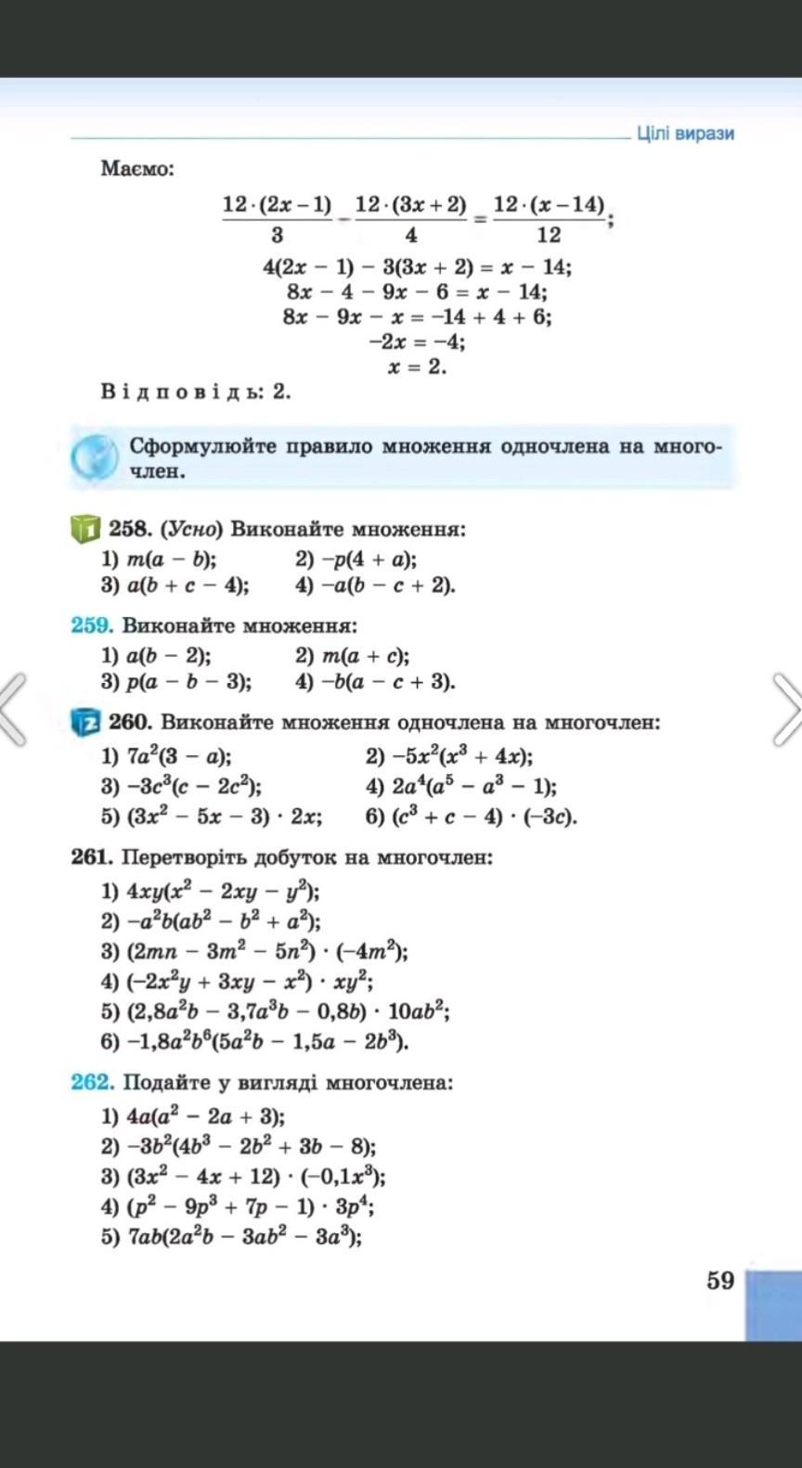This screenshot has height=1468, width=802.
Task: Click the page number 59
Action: pos(719,1281)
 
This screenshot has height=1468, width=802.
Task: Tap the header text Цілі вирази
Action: pos(685,134)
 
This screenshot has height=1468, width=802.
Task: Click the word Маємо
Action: pos(137,170)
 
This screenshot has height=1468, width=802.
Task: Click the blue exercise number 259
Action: pos(92,625)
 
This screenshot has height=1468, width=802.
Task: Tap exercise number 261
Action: pos(92,856)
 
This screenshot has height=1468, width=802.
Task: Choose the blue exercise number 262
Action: pos(92,1082)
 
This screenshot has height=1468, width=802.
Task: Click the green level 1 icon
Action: pos(84,530)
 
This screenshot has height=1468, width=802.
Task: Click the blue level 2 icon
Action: pos(84,721)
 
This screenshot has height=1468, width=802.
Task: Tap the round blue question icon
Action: pos(95,457)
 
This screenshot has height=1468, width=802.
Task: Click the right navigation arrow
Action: pos(787,710)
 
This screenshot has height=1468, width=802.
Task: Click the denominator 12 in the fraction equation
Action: pos(549,235)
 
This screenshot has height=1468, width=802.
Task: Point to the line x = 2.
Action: pos(418,367)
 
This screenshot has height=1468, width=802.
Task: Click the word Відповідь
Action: pos(182,392)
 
